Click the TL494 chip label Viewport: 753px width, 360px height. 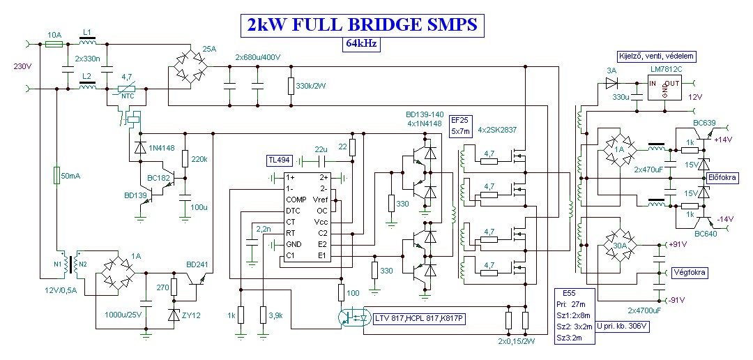[279, 160]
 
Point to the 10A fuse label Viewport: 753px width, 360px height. [54, 34]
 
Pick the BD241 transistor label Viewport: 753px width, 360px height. [197, 264]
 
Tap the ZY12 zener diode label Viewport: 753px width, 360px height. [192, 315]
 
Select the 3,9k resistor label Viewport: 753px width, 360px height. [275, 315]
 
